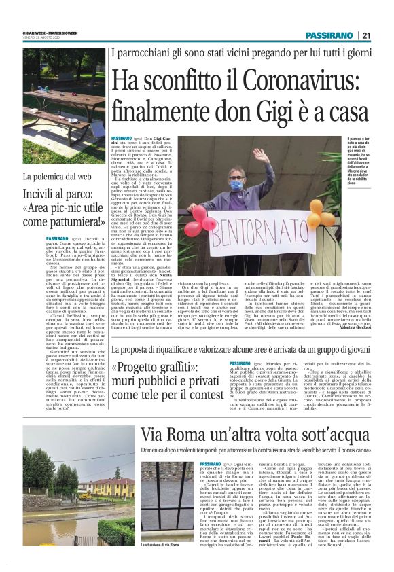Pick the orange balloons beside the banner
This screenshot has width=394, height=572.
tap(314, 212)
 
